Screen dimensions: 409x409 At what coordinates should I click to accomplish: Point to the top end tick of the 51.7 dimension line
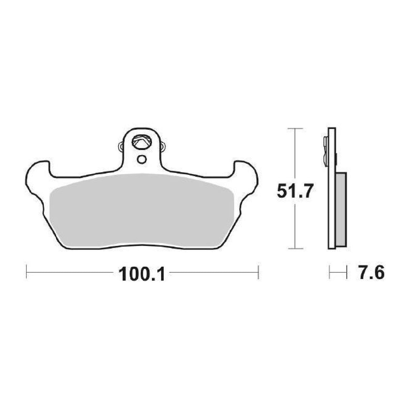tap(295, 129)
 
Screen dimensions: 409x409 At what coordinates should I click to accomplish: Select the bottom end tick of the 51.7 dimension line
tap(295, 249)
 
